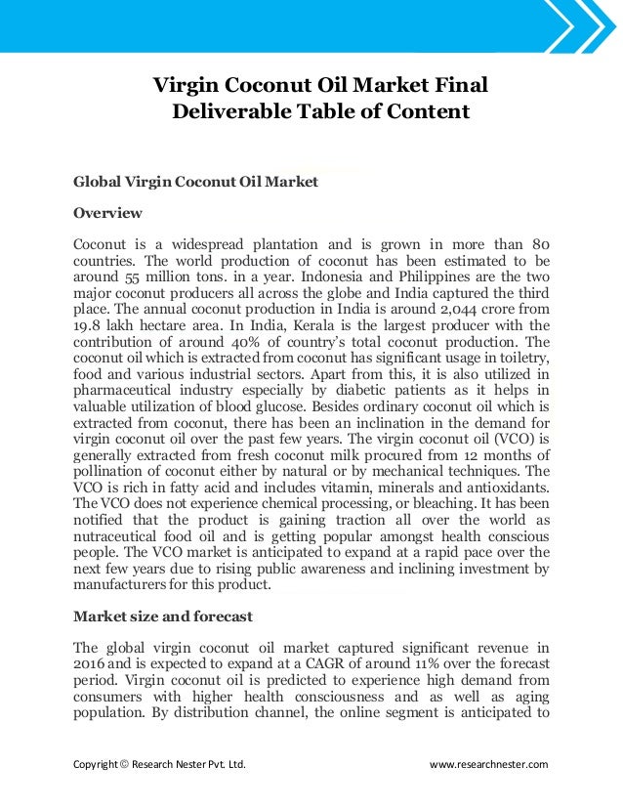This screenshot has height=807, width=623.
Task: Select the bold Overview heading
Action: (x=108, y=213)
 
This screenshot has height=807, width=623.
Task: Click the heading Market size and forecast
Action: (x=163, y=616)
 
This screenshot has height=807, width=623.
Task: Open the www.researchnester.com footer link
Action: (x=490, y=764)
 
